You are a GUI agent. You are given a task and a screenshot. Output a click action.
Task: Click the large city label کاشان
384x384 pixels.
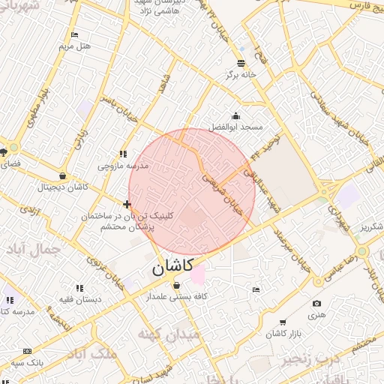coord(172,265)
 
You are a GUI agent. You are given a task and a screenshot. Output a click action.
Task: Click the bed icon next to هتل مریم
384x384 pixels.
coord(74,34)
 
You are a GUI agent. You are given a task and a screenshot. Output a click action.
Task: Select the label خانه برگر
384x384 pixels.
coord(241,75)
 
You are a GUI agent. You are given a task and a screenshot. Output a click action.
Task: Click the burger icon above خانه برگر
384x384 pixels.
coord(241,63)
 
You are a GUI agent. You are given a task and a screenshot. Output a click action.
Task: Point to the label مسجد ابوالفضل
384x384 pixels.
coord(236,127)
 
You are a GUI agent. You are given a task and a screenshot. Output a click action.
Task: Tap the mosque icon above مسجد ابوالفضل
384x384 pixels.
coord(235,115)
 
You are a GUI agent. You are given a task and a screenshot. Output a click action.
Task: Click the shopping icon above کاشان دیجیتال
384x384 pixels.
coord(61,176)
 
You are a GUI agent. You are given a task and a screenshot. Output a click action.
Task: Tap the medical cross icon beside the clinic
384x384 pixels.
coord(127,204)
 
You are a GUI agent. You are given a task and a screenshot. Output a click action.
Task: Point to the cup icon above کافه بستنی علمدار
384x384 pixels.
coord(176,286)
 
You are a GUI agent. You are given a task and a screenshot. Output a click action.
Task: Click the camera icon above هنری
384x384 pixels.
coord(316,304)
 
